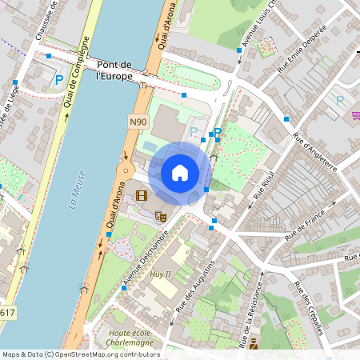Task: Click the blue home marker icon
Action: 180,173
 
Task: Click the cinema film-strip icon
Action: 142,196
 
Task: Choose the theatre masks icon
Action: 160,215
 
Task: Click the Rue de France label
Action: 306,222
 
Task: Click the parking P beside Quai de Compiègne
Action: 59,79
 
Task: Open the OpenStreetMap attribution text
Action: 80,354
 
